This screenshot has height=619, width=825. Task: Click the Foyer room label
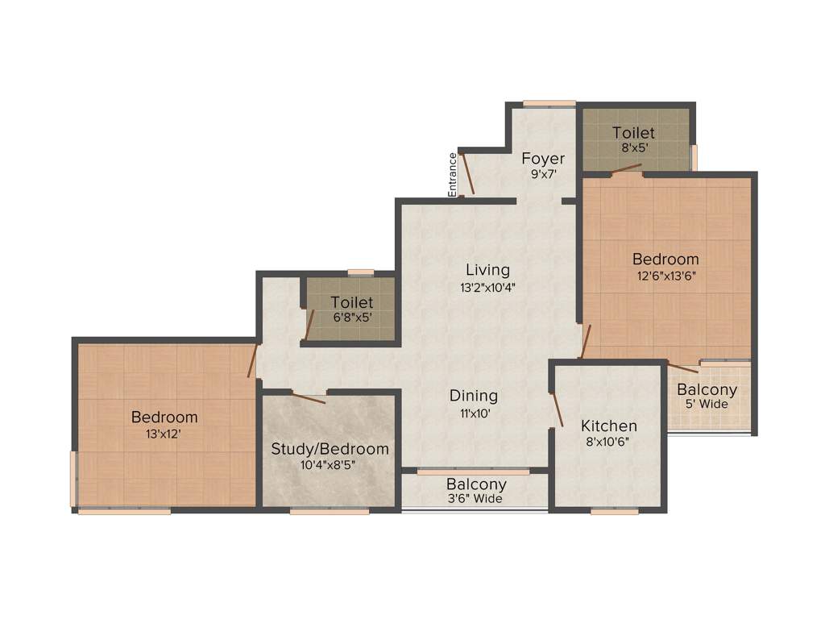pyautogui.click(x=543, y=158)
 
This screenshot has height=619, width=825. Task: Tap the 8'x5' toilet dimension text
pyautogui.click(x=632, y=148)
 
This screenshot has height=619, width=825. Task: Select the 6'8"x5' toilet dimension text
pyautogui.click(x=352, y=317)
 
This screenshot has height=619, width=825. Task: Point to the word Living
pyautogui.click(x=487, y=269)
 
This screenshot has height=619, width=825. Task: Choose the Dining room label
pyautogui.click(x=473, y=396)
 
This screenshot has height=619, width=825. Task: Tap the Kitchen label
pyautogui.click(x=610, y=426)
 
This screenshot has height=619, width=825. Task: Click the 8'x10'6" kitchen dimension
pyautogui.click(x=610, y=442)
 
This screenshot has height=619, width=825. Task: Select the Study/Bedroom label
pyautogui.click(x=330, y=449)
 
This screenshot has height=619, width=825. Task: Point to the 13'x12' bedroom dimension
pyautogui.click(x=164, y=433)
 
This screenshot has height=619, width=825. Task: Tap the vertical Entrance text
pyautogui.click(x=453, y=174)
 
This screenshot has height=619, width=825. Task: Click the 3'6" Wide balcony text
pyautogui.click(x=475, y=499)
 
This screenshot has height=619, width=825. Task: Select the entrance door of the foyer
pyautogui.click(x=466, y=172)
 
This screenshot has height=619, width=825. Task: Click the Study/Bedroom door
pyautogui.click(x=308, y=394)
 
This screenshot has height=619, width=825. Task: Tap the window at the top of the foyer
pyautogui.click(x=549, y=103)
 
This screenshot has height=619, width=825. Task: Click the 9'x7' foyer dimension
pyautogui.click(x=543, y=174)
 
